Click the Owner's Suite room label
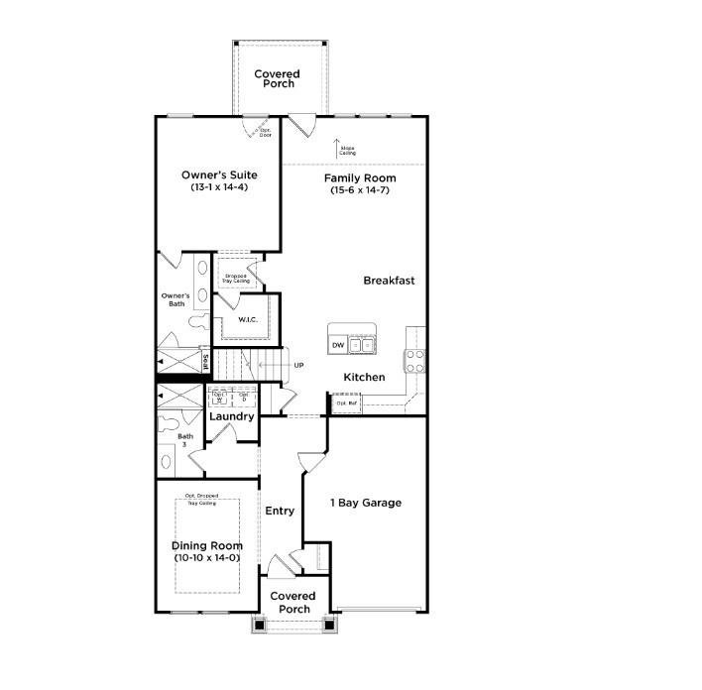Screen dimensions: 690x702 pos(219,175)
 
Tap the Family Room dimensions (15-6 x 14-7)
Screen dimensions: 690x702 pos(360,190)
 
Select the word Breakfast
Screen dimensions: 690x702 pos(389,281)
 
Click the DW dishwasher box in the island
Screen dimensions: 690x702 pos(338,345)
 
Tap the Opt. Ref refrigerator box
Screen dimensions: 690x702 pos(345,403)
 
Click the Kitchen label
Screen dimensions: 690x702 pos(364,378)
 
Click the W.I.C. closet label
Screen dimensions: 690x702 pos(248,319)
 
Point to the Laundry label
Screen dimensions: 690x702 pos(231,416)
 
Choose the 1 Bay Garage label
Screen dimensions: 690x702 pos(366,503)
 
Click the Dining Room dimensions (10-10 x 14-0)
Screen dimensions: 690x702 pos(206,558)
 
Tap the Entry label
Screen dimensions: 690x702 pos(280,511)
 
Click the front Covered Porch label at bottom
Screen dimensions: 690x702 pos(292,603)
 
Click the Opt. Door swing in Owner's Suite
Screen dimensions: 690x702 pos(257,130)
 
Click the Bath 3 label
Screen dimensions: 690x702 pos(185,440)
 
